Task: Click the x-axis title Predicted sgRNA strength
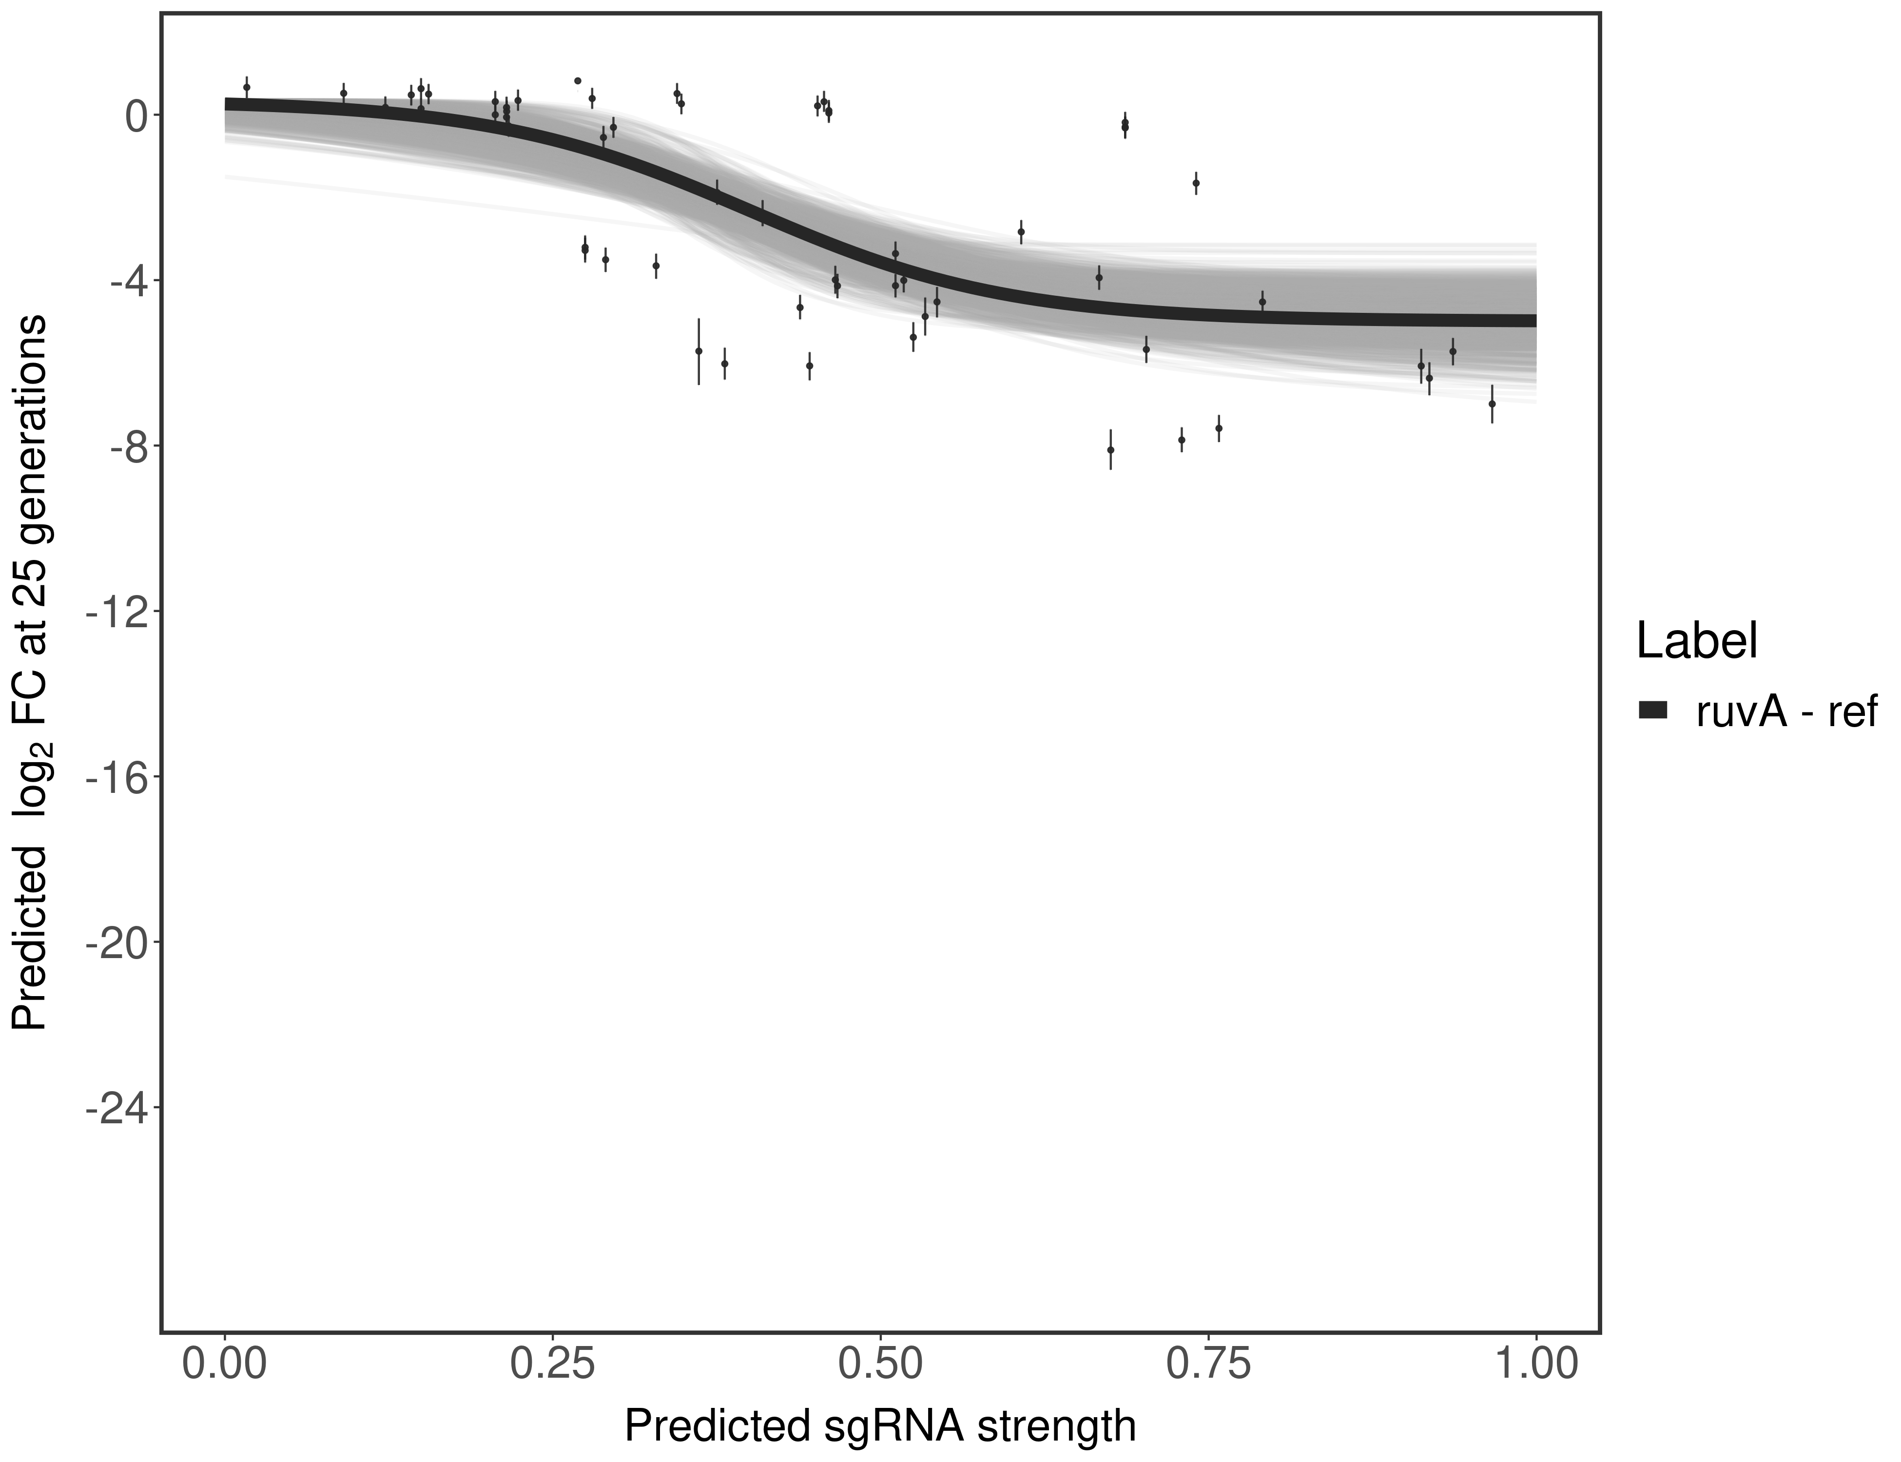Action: click(x=880, y=1427)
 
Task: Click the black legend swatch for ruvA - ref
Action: click(x=1652, y=711)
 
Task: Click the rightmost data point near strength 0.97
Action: click(x=1492, y=404)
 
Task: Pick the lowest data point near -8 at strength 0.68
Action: click(x=1111, y=450)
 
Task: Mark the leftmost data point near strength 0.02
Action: click(x=246, y=87)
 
